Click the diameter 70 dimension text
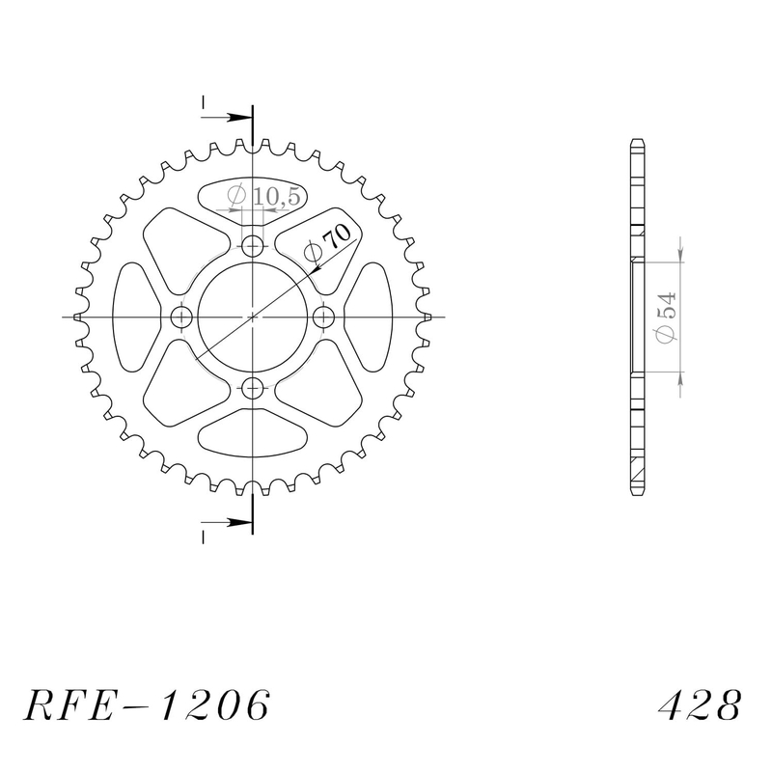[328, 242]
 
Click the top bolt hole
[253, 245]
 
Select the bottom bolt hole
[253, 389]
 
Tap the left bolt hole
[180, 317]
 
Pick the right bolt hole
[324, 317]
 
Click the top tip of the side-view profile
[636, 142]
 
